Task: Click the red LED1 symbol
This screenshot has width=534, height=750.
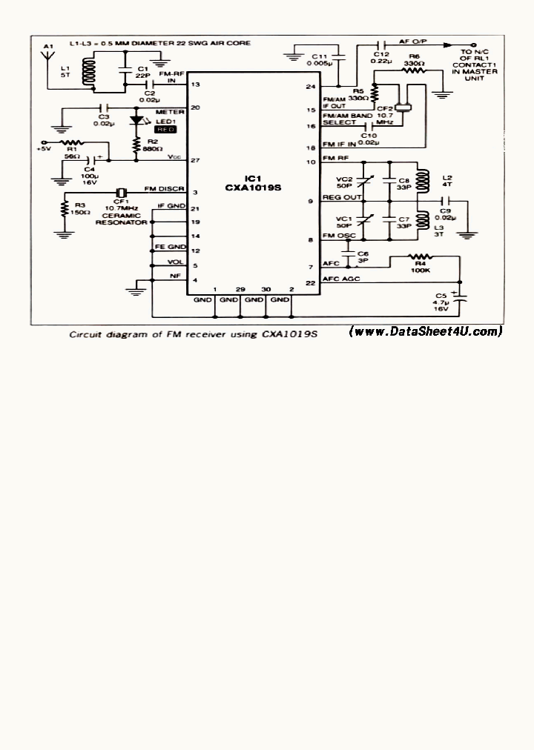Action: pyautogui.click(x=136, y=119)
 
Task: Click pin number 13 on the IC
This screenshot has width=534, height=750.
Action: pyautogui.click(x=195, y=85)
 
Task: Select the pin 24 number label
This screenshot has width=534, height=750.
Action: pyautogui.click(x=311, y=87)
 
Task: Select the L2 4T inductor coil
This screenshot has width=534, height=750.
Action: pyautogui.click(x=426, y=180)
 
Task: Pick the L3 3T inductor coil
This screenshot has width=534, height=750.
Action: pyautogui.click(x=426, y=220)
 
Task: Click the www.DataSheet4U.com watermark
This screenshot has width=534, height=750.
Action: pyautogui.click(x=426, y=331)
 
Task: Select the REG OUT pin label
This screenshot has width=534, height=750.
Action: pyautogui.click(x=340, y=198)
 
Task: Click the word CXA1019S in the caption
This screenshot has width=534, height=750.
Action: pyautogui.click(x=289, y=334)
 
